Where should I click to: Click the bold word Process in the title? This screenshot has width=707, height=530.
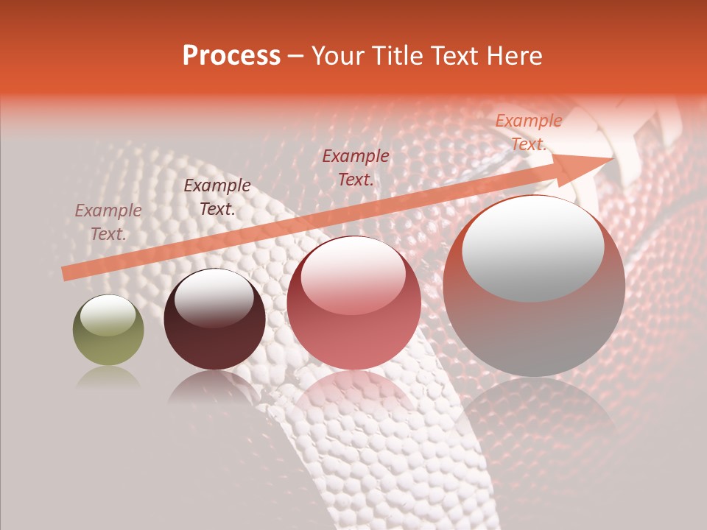[x=231, y=56]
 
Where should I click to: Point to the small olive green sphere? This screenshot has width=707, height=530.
[x=108, y=331]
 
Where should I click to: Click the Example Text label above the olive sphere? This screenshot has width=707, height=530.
[x=108, y=222]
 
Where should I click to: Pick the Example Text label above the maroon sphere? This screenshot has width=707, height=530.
[x=217, y=197]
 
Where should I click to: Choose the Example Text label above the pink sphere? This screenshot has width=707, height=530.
[x=356, y=167]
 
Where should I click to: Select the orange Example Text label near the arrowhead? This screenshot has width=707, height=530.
[x=528, y=132]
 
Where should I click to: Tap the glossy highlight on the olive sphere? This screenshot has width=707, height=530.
[x=108, y=314]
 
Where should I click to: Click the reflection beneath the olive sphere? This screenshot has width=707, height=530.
[x=108, y=377]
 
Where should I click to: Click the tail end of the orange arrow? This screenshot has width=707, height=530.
[x=66, y=273]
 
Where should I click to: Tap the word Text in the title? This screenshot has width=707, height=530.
[x=454, y=56]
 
